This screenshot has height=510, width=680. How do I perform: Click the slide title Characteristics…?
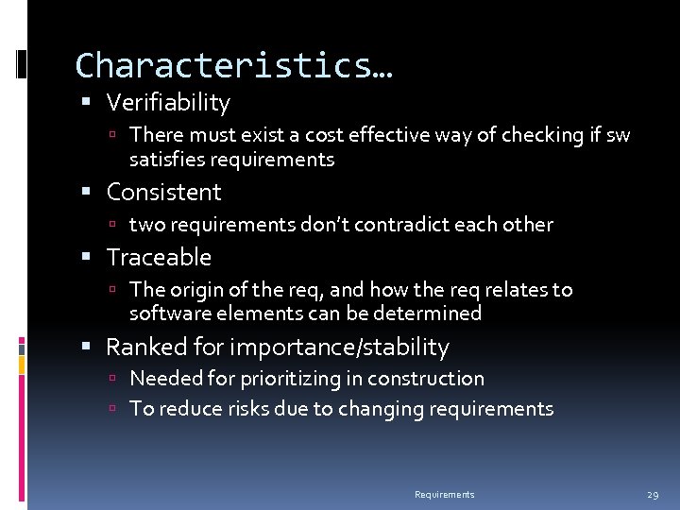234,66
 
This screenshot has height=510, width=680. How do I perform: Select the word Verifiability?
168,103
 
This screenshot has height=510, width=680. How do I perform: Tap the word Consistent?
163,193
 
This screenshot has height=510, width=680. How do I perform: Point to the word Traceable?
159,258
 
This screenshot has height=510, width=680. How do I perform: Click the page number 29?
653,495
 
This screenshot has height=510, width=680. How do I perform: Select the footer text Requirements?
445,495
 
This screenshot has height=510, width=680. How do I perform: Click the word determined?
431,314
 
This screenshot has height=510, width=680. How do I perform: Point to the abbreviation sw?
618,135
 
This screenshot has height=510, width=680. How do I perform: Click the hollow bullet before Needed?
111,380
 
